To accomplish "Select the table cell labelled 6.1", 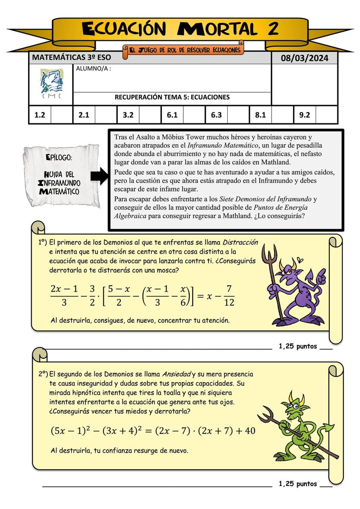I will (x=172, y=115).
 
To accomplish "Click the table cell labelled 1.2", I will (x=40, y=115).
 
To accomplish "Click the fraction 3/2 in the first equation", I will (x=93, y=296).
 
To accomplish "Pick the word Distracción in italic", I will (x=240, y=242).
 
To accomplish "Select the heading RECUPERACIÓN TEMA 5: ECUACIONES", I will (x=172, y=97).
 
